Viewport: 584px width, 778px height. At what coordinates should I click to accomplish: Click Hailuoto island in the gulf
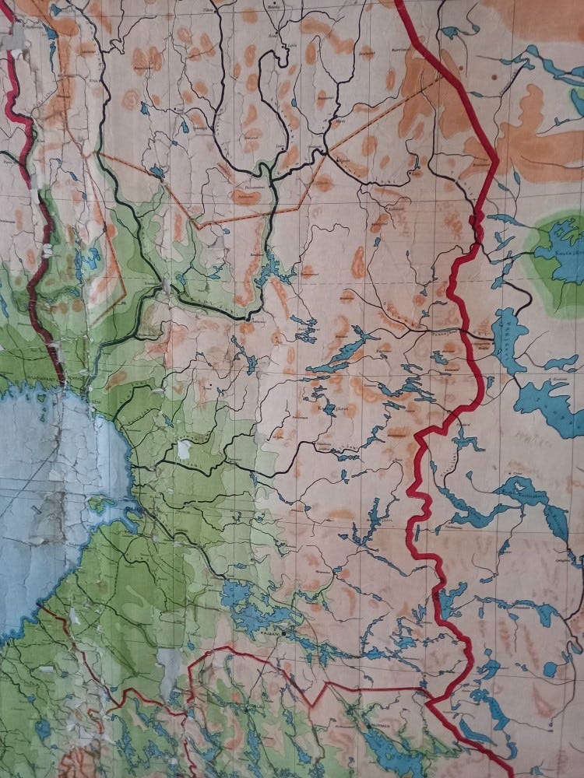(x=100, y=503)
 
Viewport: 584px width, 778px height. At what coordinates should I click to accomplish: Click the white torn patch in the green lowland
(x=184, y=449)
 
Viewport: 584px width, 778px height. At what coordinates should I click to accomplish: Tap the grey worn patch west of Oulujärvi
(x=171, y=661)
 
